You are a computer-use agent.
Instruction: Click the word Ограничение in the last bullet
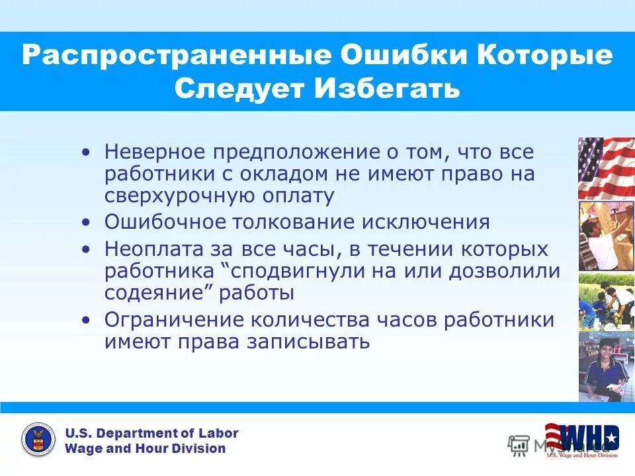coord(172,319)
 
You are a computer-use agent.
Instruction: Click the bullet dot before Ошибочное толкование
coord(85,223)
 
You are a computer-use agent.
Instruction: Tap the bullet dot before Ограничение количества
coord(85,320)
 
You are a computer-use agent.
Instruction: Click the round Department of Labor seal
coord(38,440)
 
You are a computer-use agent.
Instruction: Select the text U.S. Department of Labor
coord(151,434)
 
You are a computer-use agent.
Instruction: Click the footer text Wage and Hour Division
coord(145,449)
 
